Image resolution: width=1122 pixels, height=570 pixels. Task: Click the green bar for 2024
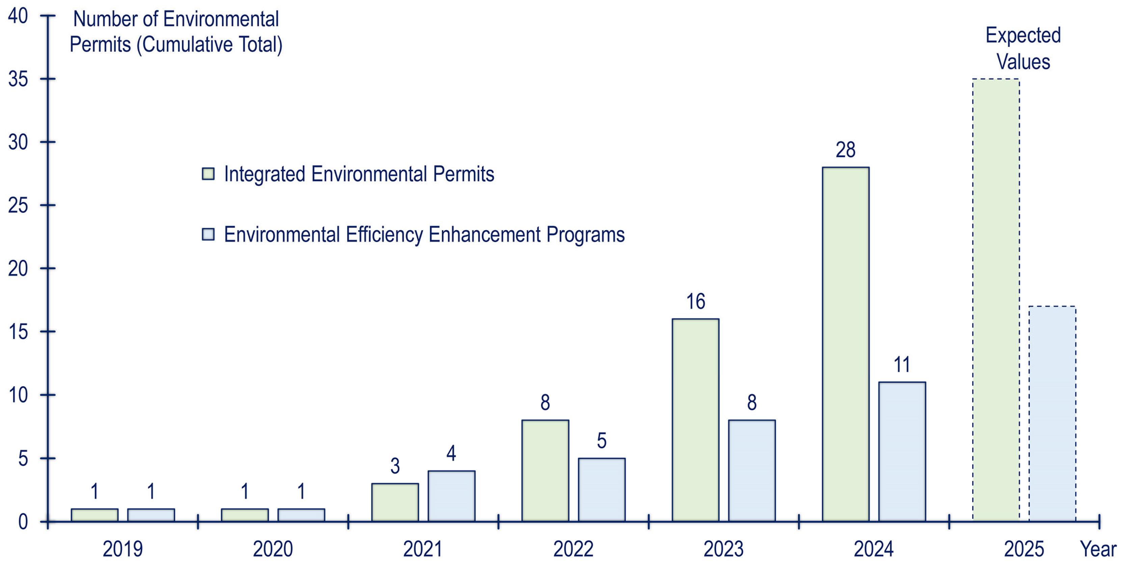846,344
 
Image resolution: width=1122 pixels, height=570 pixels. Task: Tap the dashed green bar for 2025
996,300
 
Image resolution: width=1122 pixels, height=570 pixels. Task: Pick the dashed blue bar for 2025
1052,413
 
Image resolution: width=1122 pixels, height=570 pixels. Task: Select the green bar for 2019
95,515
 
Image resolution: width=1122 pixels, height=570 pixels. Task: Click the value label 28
846,150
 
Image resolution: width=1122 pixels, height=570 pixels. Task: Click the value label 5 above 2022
602,441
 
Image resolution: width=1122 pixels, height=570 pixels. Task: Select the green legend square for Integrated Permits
208,174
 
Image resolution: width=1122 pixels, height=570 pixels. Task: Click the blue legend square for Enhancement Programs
208,234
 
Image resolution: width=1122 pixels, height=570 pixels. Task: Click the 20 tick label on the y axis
18,268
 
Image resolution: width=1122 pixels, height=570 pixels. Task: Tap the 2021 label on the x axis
423,549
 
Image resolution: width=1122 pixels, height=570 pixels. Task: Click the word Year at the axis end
1098,549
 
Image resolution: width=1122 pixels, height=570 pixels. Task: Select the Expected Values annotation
1023,48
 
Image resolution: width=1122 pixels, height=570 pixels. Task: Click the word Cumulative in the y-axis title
186,44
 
